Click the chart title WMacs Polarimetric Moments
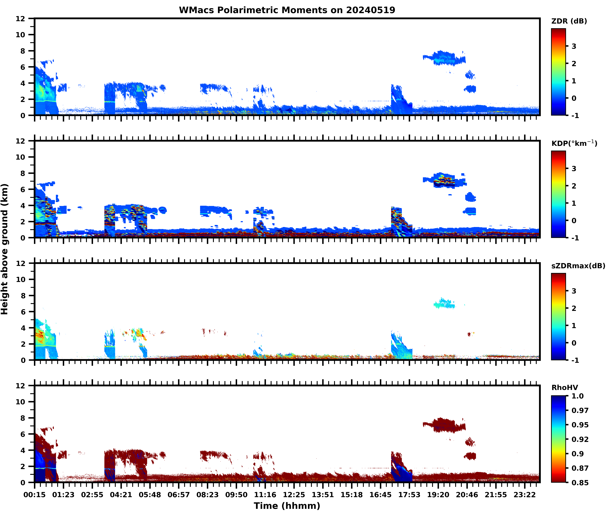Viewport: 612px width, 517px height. pos(287,10)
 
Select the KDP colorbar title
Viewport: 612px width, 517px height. pos(574,143)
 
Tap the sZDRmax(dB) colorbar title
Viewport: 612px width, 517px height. pos(578,266)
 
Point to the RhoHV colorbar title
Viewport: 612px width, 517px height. pos(565,387)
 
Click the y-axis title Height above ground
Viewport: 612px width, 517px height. pos(5,249)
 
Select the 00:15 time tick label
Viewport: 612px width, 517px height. pos(35,495)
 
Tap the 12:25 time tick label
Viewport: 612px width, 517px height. pos(294,495)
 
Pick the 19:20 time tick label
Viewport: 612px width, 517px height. pos(438,495)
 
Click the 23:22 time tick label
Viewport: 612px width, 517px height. pos(525,495)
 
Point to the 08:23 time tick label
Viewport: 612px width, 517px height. pos(207,495)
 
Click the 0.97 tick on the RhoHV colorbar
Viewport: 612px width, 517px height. pos(580,410)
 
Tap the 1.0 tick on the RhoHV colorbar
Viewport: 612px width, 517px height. pos(577,396)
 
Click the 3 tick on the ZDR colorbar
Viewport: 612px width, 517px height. pos(574,46)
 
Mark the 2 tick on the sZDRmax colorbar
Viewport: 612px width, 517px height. pos(574,308)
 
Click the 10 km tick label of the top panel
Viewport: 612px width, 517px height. pos(21,35)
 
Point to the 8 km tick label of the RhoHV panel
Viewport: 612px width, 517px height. pos(23,418)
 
